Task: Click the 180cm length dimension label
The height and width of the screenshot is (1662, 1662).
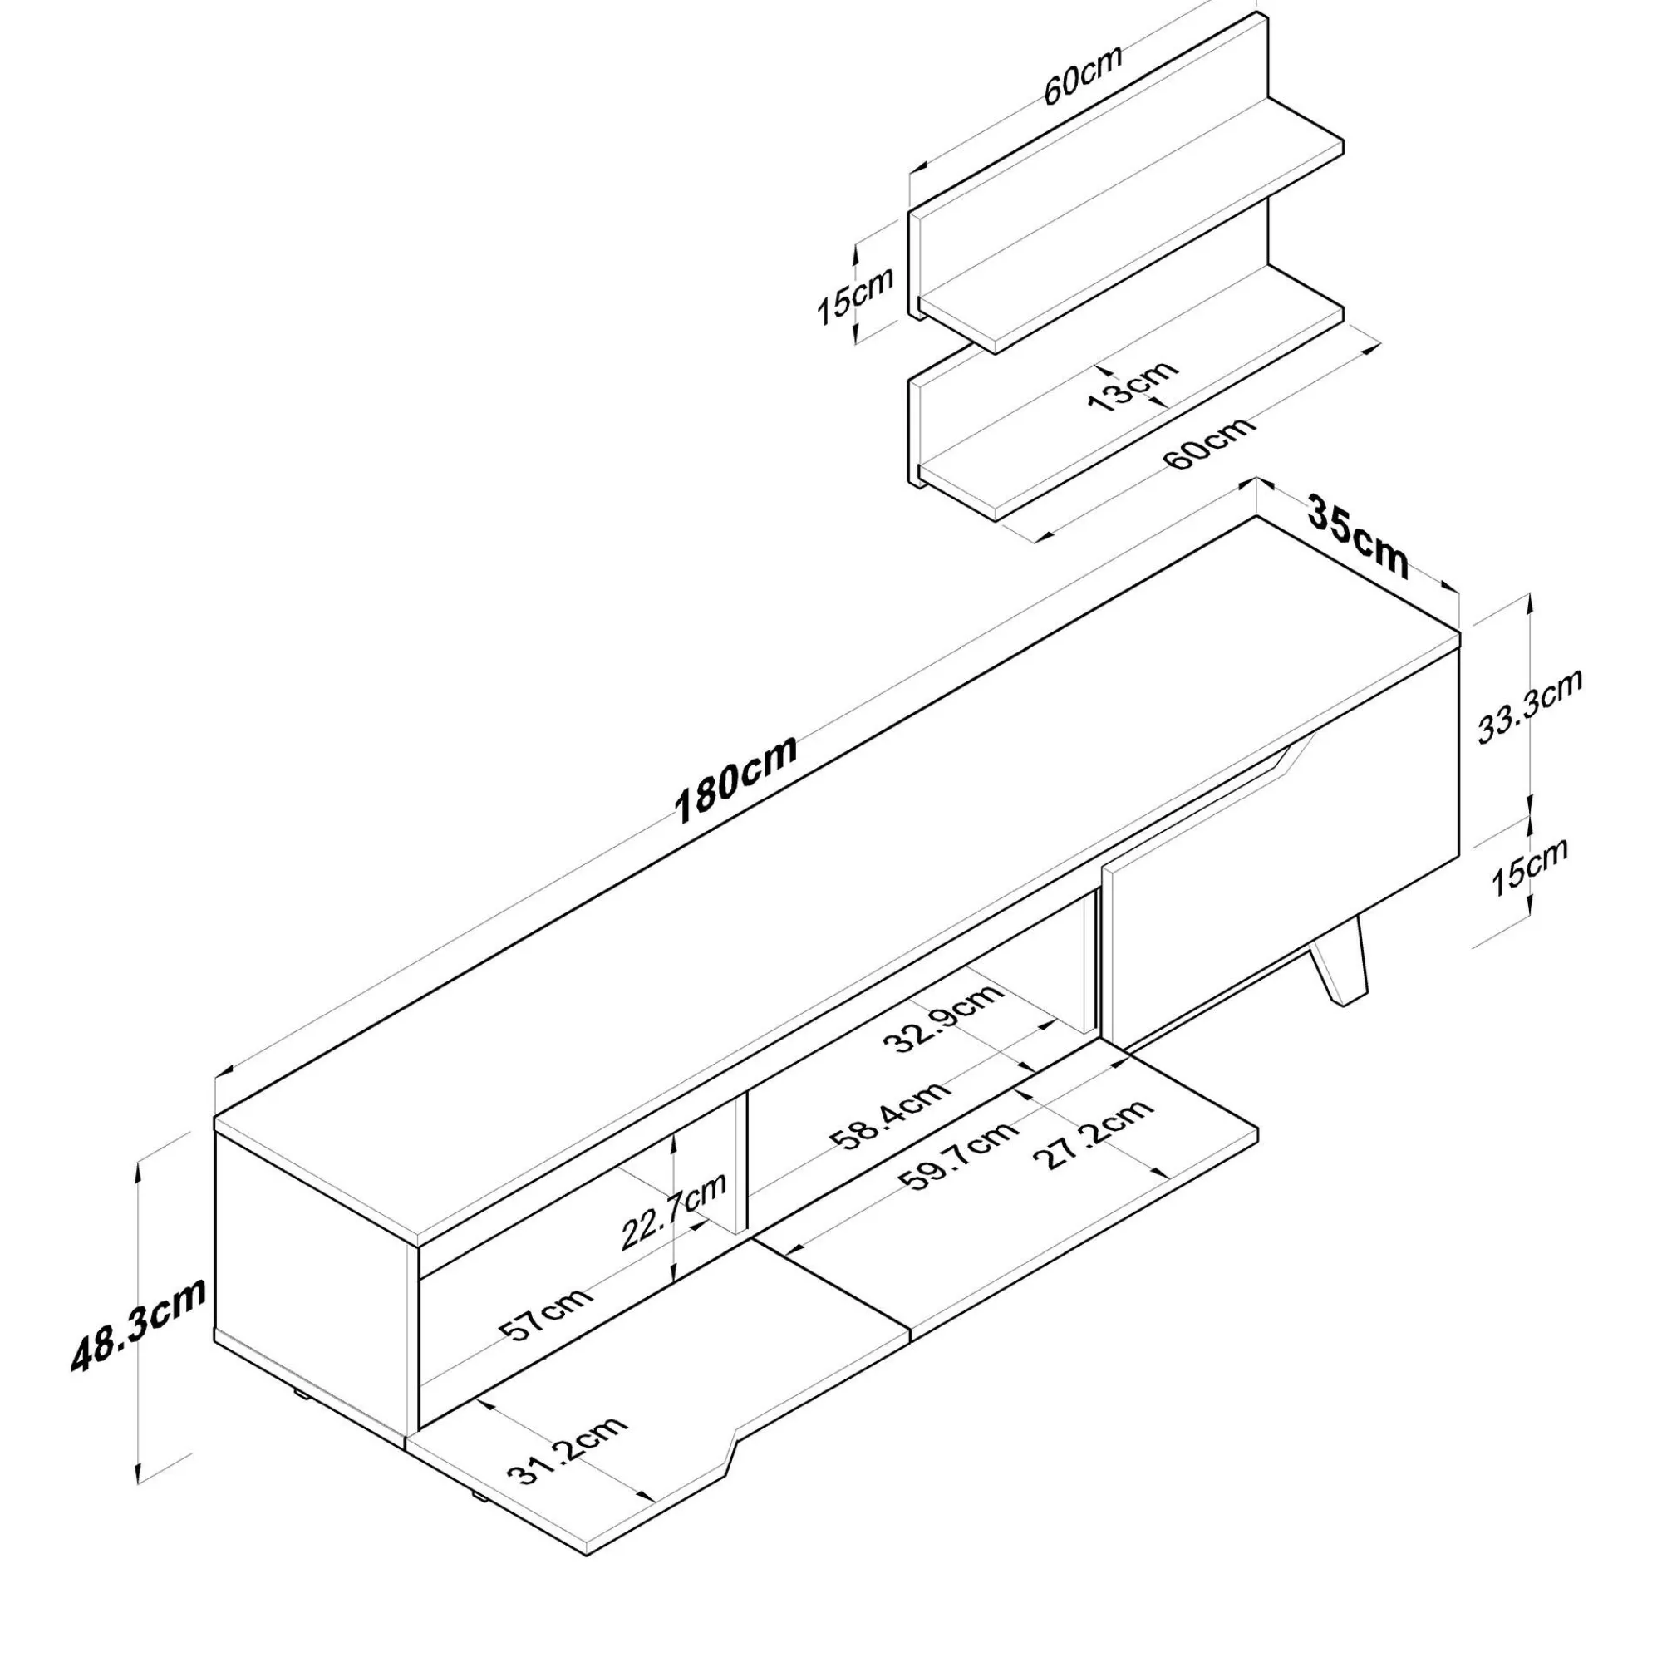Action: click(736, 779)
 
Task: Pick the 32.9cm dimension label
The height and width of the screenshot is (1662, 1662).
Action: click(944, 1019)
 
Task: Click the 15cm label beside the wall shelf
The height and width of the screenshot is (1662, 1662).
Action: click(855, 295)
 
